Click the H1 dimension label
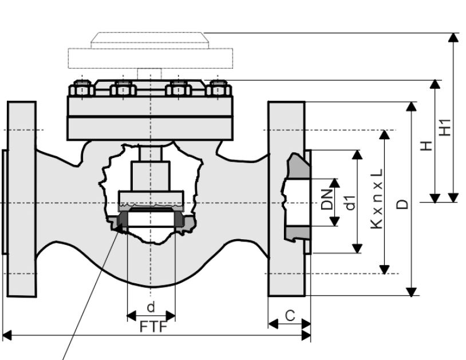coord(445,128)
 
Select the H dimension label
coord(426,146)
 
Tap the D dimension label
coord(402,204)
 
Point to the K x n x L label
coord(377,199)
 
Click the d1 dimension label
coord(351,203)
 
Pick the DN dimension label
coord(327,199)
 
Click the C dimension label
coord(290,316)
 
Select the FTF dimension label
coord(153,327)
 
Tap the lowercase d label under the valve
coord(151,307)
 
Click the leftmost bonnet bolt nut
coord(82,88)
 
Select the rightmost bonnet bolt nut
coord(219,88)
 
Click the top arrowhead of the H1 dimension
coord(453,38)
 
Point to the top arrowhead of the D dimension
coord(411,106)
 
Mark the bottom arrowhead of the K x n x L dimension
coord(385,269)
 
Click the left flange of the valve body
coord(22,199)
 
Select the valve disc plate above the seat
coord(151,197)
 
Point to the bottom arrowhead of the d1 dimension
coord(357,248)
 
